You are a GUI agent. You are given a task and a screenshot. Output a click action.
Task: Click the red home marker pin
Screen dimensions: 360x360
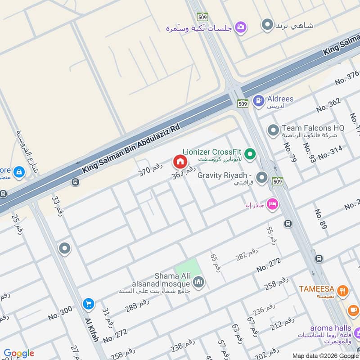(x=179, y=161)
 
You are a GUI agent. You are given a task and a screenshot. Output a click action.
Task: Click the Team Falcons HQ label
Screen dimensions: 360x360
(x=312, y=128)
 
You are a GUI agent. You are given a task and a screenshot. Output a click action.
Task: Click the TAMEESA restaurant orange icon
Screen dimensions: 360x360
(x=343, y=291)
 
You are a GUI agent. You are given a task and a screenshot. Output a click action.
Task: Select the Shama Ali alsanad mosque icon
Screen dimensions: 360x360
(x=198, y=282)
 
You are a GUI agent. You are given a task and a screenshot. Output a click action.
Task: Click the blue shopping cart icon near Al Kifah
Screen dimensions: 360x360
(x=88, y=305)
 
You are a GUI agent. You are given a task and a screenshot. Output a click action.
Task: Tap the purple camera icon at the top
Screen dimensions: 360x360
(x=241, y=27)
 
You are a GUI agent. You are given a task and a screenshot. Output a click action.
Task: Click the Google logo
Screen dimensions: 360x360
(x=18, y=353)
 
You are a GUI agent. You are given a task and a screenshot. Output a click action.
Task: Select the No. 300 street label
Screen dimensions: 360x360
(x=60, y=313)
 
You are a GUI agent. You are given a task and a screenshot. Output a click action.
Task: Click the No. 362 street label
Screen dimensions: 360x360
(x=328, y=105)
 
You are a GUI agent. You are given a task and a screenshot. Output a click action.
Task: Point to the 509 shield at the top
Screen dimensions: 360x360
(x=202, y=17)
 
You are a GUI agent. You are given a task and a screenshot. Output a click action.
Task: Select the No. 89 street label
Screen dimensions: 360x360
(x=320, y=219)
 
